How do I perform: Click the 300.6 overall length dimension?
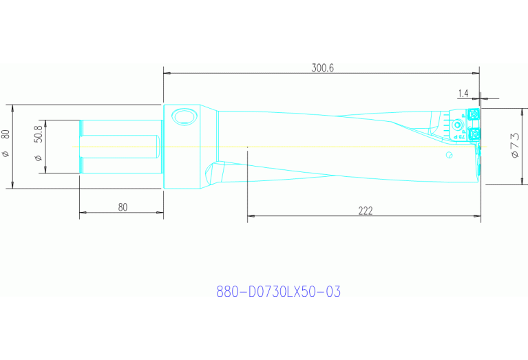pos(322,67)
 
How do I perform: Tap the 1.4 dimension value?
pos(462,93)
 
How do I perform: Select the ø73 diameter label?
pos(514,147)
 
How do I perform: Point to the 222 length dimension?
pos(365,211)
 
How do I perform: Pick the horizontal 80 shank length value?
pos(122,207)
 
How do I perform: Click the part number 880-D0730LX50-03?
pos(278,292)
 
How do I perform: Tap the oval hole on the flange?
pos(184,117)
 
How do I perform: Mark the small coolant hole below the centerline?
pos(449,156)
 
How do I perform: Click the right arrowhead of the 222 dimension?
pos(477,217)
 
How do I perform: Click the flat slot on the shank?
pos(120,146)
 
